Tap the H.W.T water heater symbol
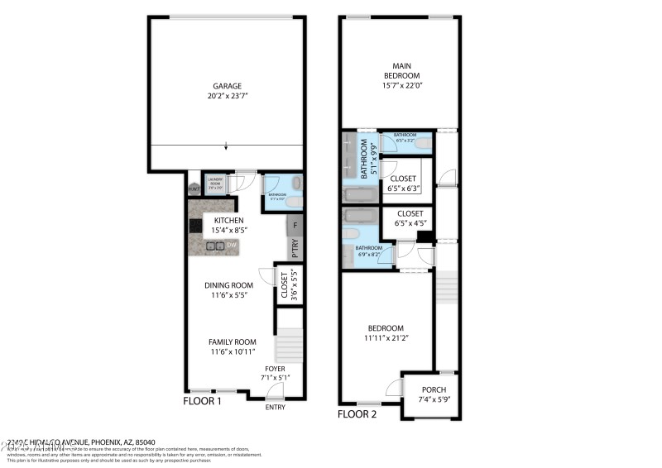pyautogui.click(x=194, y=188)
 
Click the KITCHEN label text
pyautogui.click(x=228, y=221)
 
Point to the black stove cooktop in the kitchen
pyautogui.click(x=195, y=224)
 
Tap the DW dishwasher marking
pyautogui.click(x=233, y=245)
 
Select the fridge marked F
pyautogui.click(x=295, y=224)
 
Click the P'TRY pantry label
pyautogui.click(x=295, y=247)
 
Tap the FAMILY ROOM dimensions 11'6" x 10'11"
pyautogui.click(x=232, y=352)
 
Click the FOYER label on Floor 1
pyautogui.click(x=275, y=369)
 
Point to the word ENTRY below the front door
pyautogui.click(x=275, y=408)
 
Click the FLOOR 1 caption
pyautogui.click(x=202, y=402)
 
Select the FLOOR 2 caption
pyautogui.click(x=357, y=413)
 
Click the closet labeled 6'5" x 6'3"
pyautogui.click(x=403, y=184)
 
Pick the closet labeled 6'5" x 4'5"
pyautogui.click(x=403, y=218)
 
